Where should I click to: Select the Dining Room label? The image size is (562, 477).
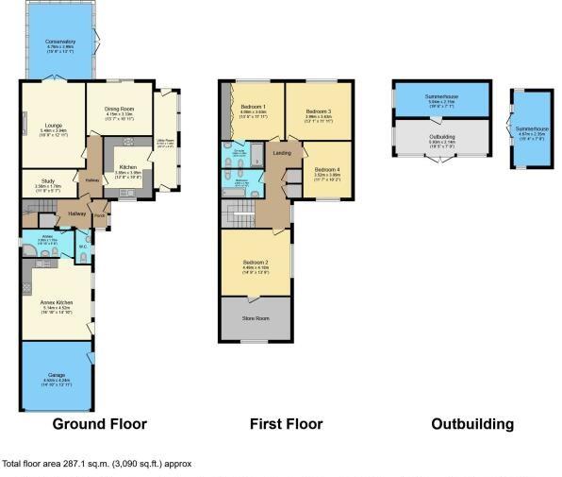pyautogui.click(x=119, y=109)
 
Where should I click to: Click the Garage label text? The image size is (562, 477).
pyautogui.click(x=57, y=377)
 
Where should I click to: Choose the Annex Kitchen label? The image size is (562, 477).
pyautogui.click(x=57, y=302)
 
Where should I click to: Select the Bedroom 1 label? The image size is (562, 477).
pyautogui.click(x=254, y=107)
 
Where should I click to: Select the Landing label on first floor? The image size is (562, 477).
pyautogui.click(x=281, y=153)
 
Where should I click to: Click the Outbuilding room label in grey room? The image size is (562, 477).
pyautogui.click(x=441, y=137)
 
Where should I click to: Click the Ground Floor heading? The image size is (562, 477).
pyautogui.click(x=99, y=424)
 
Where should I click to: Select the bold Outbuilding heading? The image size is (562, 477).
pyautogui.click(x=471, y=424)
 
